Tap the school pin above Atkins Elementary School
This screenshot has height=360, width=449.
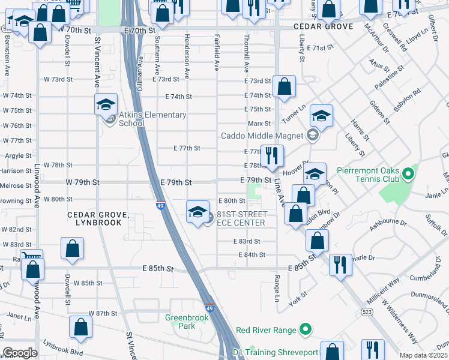(x=106, y=105)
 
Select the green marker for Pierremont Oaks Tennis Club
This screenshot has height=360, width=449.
(x=409, y=175)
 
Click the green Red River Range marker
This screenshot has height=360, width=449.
(x=306, y=329)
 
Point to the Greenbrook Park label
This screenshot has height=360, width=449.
(x=181, y=322)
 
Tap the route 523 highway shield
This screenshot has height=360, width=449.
(x=366, y=312)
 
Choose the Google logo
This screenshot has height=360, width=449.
(x=20, y=352)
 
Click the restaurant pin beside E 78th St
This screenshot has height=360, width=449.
(x=273, y=155)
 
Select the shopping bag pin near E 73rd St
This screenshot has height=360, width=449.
(x=284, y=86)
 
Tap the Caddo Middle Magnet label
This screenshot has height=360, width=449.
(x=262, y=136)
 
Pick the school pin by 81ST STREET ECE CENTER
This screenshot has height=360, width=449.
(x=197, y=212)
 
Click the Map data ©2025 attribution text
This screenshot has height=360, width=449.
(x=423, y=355)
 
